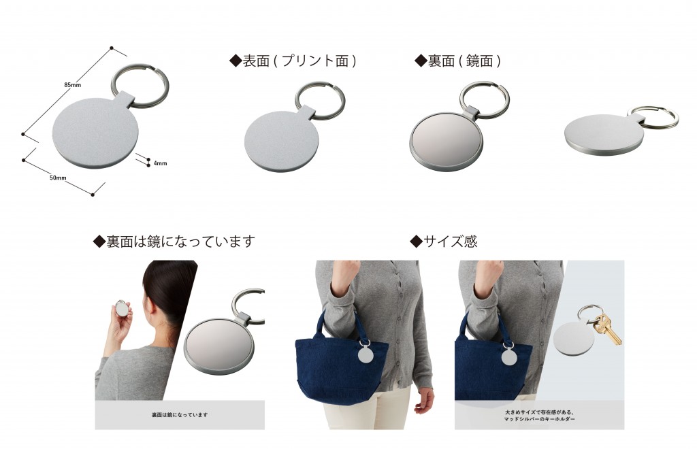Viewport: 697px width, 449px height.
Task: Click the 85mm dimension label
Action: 72,85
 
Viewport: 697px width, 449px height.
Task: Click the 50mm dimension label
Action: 58,178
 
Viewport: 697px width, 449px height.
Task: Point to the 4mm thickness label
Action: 160,163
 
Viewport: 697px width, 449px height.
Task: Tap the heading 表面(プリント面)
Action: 293,61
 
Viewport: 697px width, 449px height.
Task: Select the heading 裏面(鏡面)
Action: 458,61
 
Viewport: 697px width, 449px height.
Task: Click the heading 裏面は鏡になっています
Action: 174,241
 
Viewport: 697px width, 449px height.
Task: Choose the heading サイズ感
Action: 443,241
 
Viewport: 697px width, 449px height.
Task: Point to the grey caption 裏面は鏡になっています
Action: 180,415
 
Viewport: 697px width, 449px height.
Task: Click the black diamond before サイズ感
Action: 416,241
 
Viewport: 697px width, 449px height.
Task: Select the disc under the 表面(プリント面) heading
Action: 282,142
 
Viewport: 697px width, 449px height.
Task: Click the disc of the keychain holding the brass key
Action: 573,338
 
